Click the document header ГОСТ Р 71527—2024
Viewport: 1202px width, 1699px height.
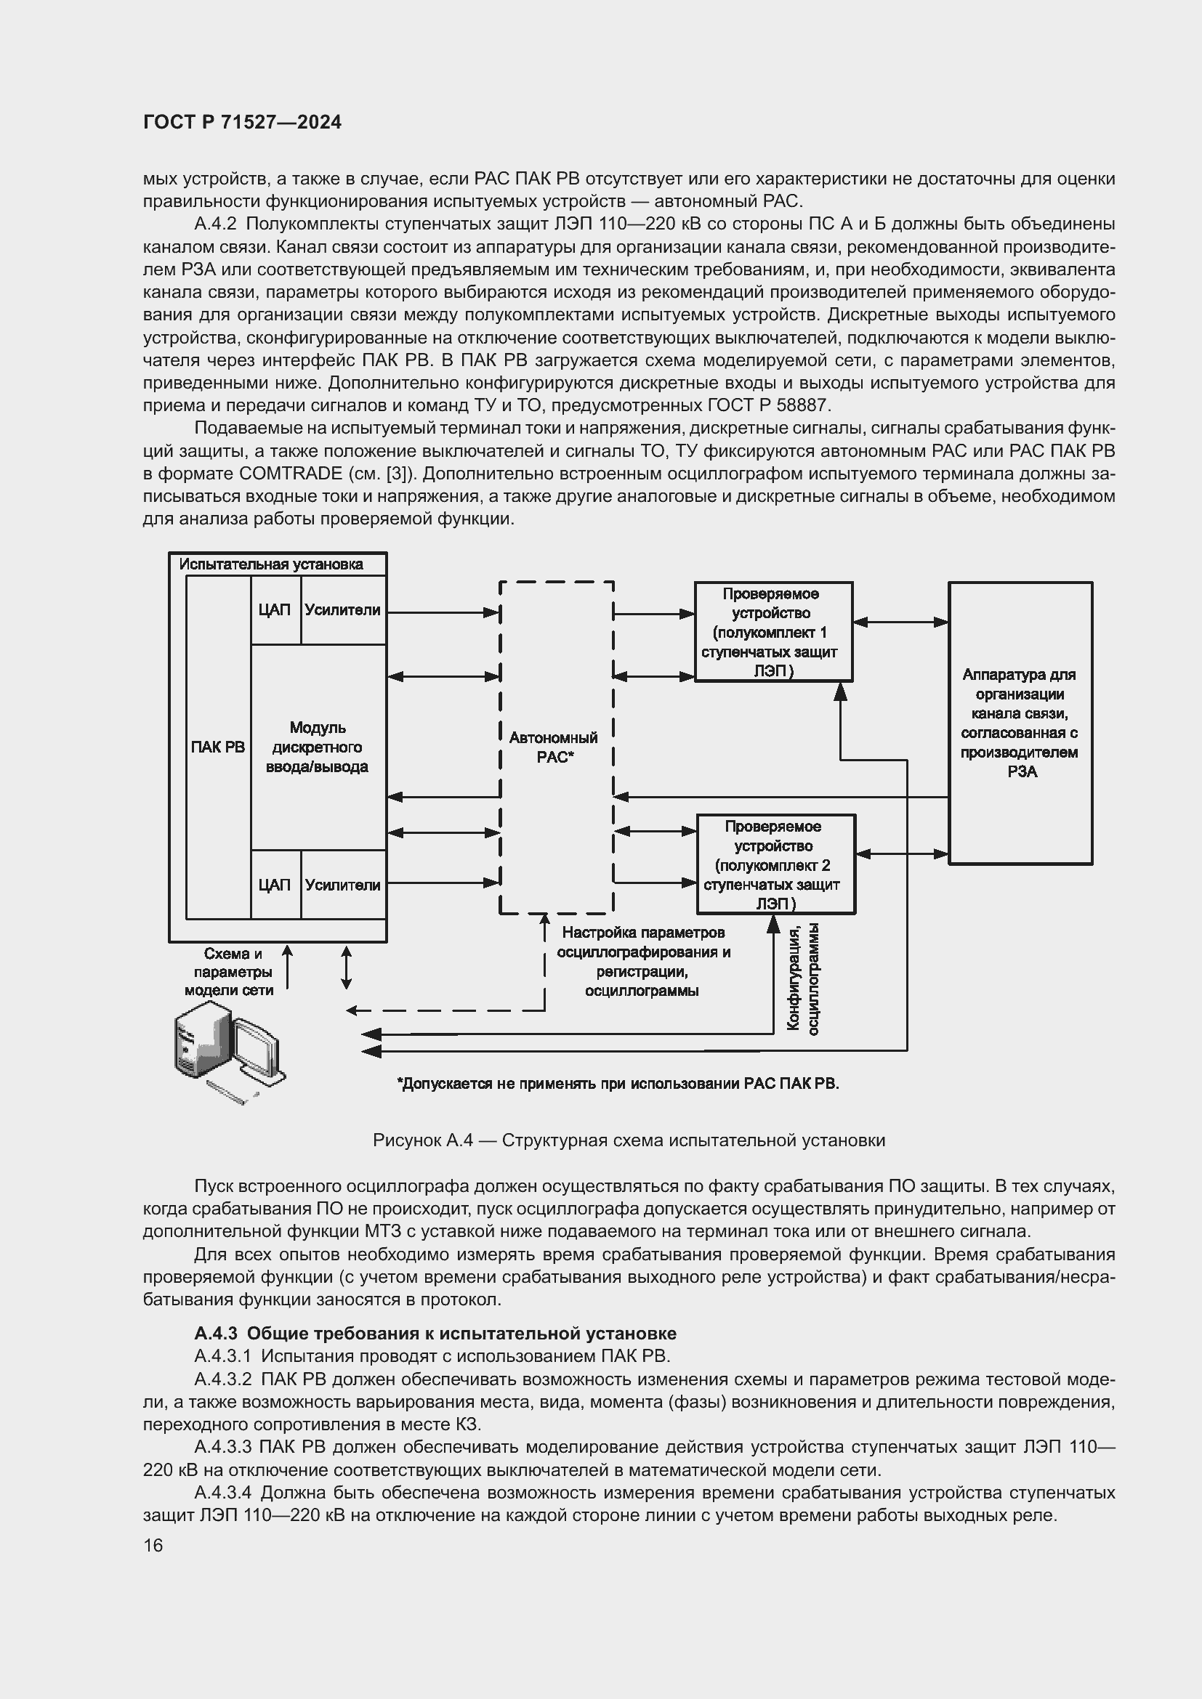pos(242,123)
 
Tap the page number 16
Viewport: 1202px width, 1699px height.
pos(153,1545)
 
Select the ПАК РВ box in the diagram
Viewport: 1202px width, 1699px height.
pos(217,747)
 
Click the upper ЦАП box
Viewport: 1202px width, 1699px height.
pos(275,609)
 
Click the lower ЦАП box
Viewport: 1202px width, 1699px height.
pos(275,885)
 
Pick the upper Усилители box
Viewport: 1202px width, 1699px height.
pos(343,609)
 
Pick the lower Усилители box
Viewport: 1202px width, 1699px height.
pos(343,885)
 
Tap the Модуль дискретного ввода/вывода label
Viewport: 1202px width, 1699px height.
pos(317,747)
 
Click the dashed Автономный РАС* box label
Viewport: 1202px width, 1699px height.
pos(554,747)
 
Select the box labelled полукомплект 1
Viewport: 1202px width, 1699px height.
pos(773,632)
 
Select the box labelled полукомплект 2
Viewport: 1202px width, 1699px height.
pos(775,864)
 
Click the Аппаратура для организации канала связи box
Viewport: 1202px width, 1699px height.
pos(1020,723)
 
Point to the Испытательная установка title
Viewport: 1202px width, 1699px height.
pos(271,564)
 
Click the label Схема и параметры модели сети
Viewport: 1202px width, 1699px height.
pos(230,972)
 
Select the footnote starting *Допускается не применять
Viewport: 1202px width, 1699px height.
pos(618,1084)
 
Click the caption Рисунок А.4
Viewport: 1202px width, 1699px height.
pos(629,1140)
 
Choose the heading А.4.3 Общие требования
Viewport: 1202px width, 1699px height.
pos(435,1334)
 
